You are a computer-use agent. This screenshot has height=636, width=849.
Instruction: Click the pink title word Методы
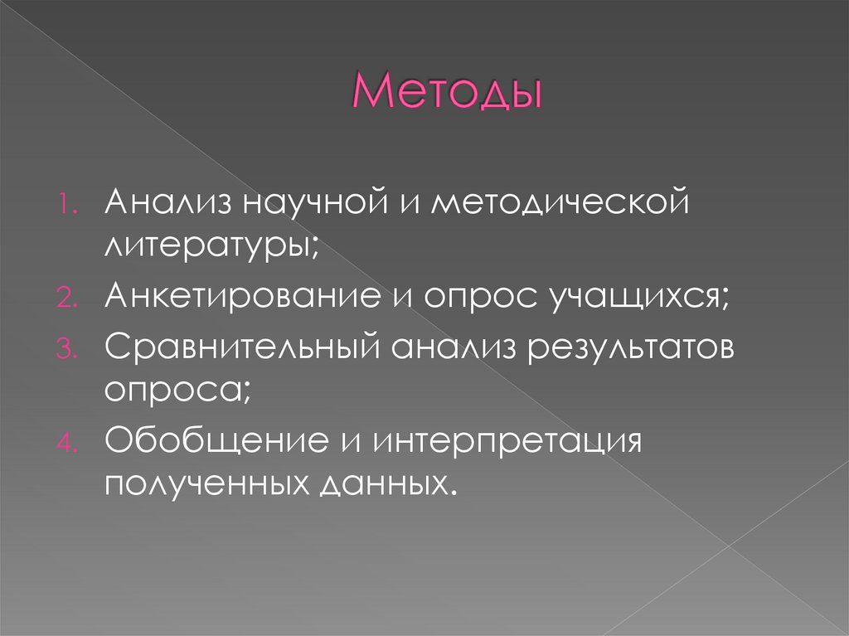pos(448,92)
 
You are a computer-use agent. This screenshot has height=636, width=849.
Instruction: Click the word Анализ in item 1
pos(166,204)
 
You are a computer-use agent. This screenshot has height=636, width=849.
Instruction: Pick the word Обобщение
pos(216,440)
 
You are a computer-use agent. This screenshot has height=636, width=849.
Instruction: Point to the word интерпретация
pos(507,440)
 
